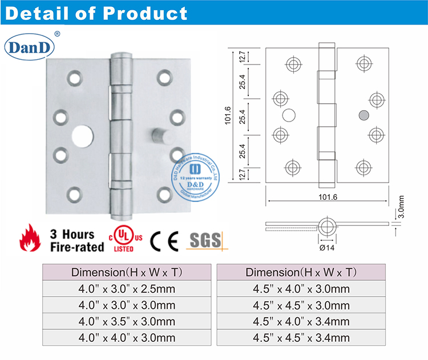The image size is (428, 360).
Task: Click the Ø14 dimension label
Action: coord(327,248)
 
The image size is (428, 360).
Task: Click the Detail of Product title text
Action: coord(96,13)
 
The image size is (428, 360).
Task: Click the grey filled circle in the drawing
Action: coord(361,116)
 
